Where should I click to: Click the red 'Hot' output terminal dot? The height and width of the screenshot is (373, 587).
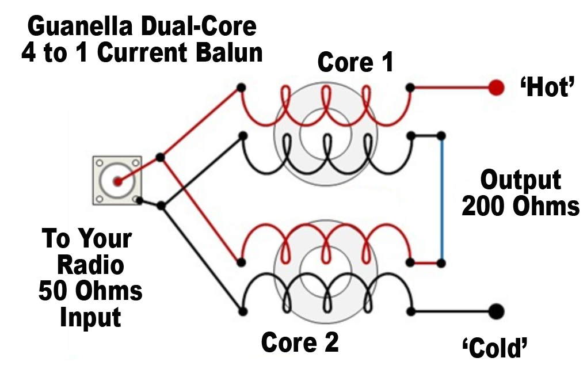tap(496, 87)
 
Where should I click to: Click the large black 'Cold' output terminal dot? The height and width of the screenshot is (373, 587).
tap(497, 311)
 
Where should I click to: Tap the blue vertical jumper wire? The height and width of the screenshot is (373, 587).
tap(442, 199)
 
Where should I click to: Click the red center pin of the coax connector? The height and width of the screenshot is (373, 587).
tap(118, 182)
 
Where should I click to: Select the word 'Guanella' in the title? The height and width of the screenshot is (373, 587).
tap(80, 26)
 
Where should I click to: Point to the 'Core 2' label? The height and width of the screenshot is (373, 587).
tap(300, 342)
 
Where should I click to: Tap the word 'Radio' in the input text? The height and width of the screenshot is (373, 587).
tap(90, 265)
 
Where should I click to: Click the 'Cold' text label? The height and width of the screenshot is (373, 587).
tap(495, 348)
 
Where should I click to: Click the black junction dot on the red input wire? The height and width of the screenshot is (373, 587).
tap(160, 157)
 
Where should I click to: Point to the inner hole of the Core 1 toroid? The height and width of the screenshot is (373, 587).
tap(325, 134)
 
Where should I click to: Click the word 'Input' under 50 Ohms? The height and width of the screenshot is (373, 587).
tap(90, 318)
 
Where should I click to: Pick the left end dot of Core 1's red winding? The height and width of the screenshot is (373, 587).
tap(242, 88)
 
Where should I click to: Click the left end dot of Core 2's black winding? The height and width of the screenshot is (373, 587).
tap(243, 311)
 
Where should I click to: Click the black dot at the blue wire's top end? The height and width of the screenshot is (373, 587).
tap(441, 136)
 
